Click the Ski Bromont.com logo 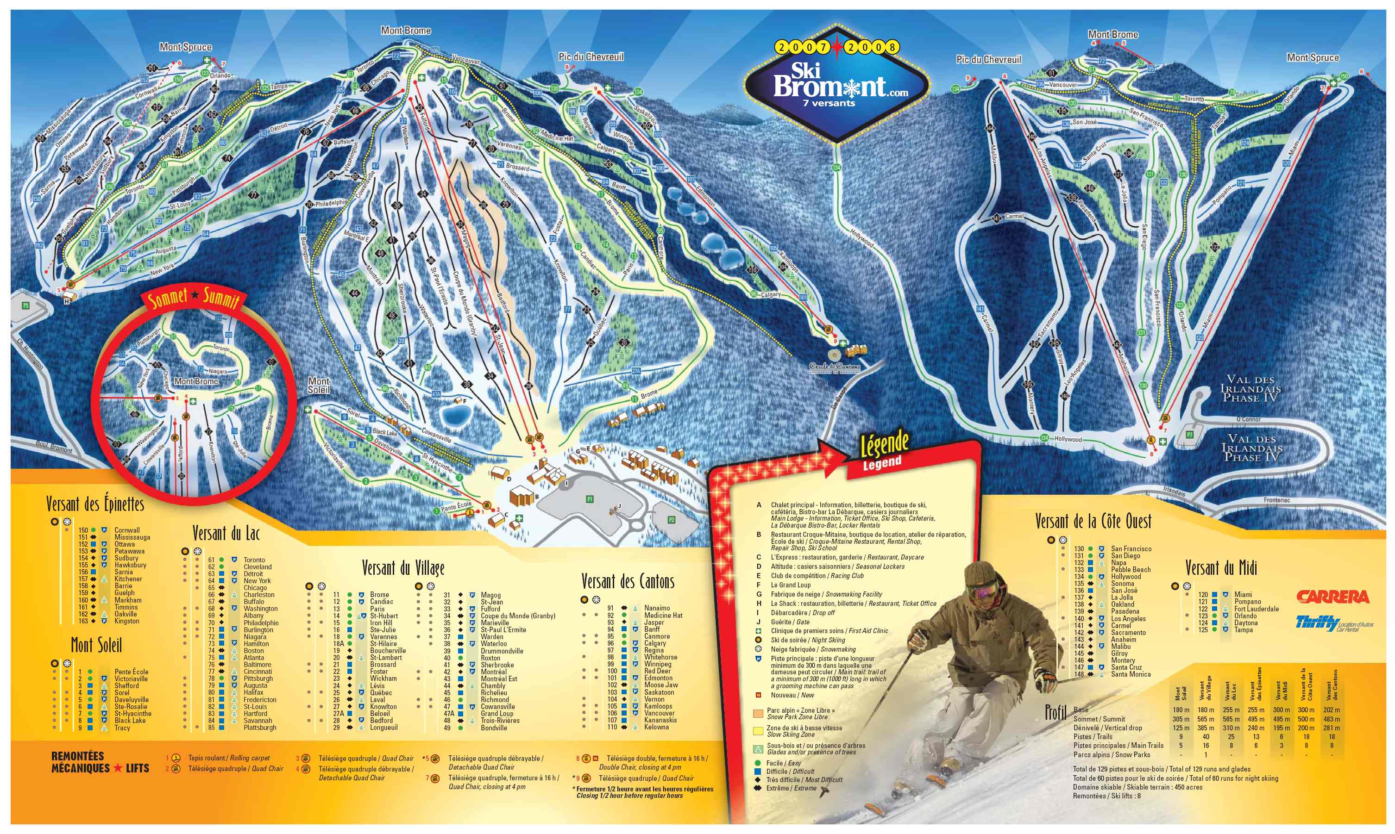(x=836, y=84)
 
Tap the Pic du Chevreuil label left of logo (x=591, y=57)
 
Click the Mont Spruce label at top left (x=186, y=47)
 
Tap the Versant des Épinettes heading (x=95, y=504)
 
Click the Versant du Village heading (x=403, y=568)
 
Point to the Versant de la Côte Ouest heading (x=1093, y=522)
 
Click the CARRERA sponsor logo (x=1332, y=597)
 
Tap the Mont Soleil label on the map (x=318, y=386)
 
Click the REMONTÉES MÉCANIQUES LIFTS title (x=100, y=762)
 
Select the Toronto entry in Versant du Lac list (x=254, y=560)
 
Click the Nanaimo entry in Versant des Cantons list (x=657, y=608)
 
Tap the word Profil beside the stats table (x=1056, y=713)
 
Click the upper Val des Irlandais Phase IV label (x=1250, y=388)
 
